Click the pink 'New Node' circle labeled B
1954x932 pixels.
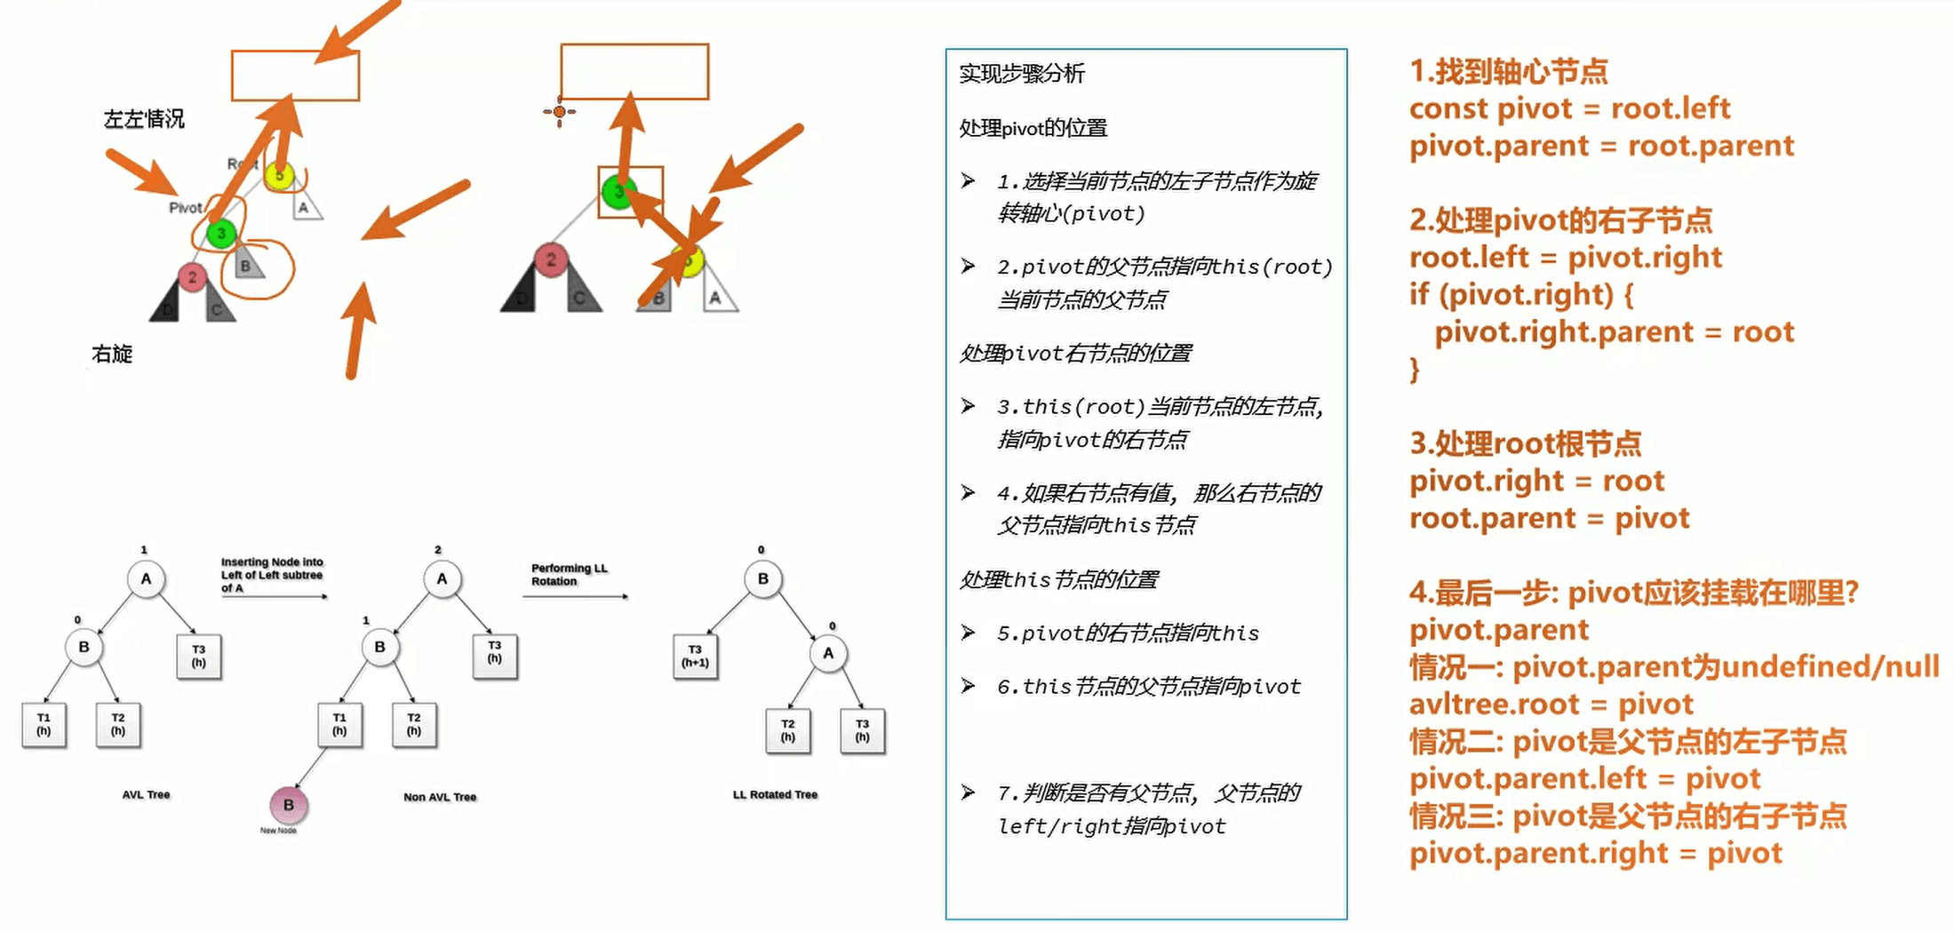click(x=288, y=805)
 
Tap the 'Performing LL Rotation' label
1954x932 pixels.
click(x=569, y=575)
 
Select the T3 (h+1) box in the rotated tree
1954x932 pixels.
click(x=695, y=657)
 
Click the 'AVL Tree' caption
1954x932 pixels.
click(x=146, y=795)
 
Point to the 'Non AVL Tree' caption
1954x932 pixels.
click(x=440, y=797)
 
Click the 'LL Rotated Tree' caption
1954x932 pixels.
click(x=775, y=795)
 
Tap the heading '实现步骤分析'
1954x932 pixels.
click(x=1022, y=74)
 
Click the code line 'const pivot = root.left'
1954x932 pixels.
click(x=1569, y=108)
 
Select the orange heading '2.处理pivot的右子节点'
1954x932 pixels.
click(x=1560, y=219)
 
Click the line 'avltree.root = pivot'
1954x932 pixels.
click(x=1551, y=705)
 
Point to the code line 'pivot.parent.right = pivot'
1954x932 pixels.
click(x=1595, y=853)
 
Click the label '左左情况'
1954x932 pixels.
click(x=144, y=119)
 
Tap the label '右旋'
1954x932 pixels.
click(x=112, y=354)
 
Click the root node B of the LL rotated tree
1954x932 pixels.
click(x=762, y=578)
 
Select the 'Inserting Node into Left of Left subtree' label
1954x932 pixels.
click(x=272, y=575)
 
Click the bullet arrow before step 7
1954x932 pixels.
click(x=968, y=793)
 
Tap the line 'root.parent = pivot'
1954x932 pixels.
click(x=1549, y=518)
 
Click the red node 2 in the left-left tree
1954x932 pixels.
click(x=192, y=277)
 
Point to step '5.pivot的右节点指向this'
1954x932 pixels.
click(x=1128, y=633)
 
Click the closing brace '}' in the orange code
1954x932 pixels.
click(x=1415, y=370)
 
